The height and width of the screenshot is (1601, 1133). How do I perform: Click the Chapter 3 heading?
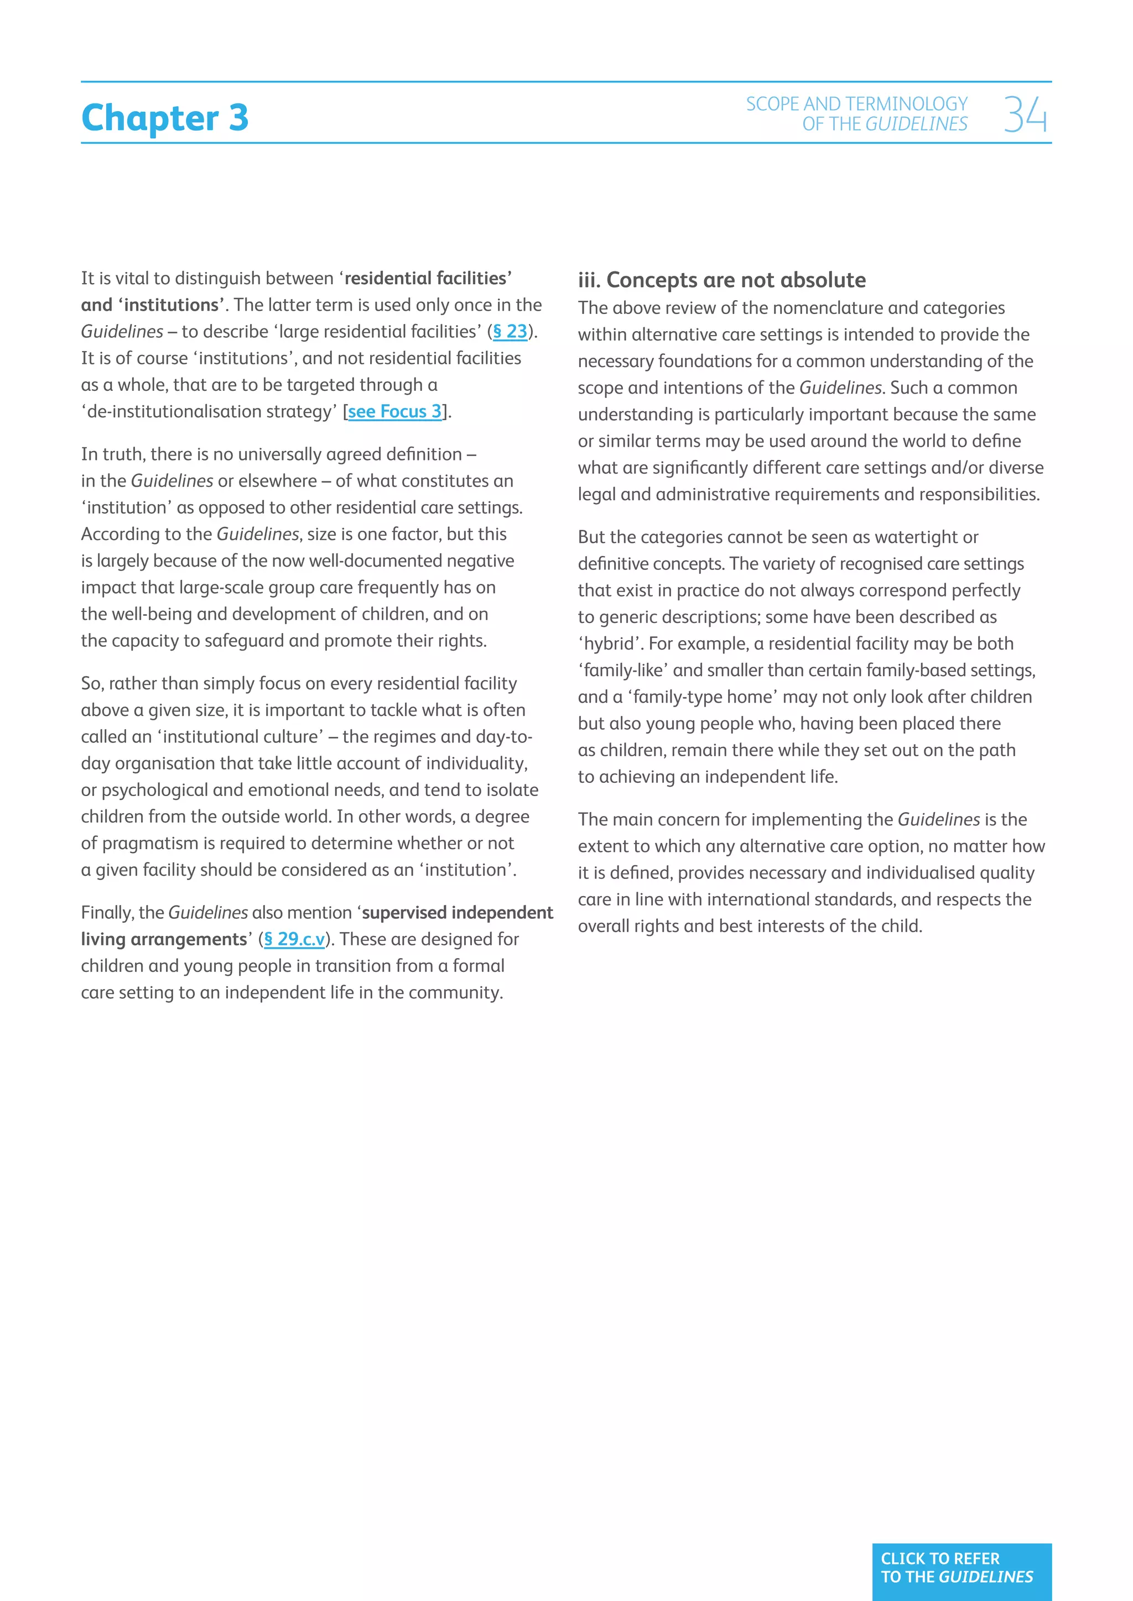[165, 117]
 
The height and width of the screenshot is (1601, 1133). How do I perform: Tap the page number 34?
[1025, 115]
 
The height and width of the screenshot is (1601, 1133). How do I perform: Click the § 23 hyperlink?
[510, 332]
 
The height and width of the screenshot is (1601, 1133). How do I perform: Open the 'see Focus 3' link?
[395, 412]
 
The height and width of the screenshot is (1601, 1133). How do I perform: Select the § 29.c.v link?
[294, 940]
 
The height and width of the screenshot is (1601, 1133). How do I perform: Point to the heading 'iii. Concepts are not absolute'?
[721, 280]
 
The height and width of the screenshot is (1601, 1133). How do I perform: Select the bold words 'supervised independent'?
[458, 913]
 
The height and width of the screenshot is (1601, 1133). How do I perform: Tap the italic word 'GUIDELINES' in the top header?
[916, 124]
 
